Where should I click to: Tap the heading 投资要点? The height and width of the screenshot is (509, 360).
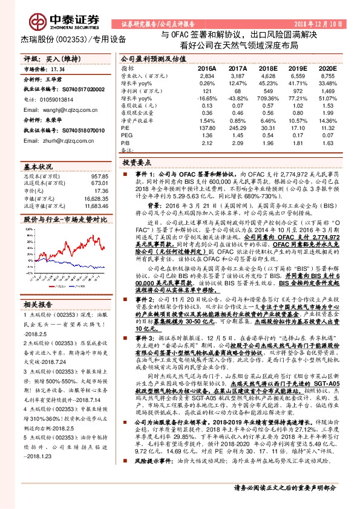click(136, 163)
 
